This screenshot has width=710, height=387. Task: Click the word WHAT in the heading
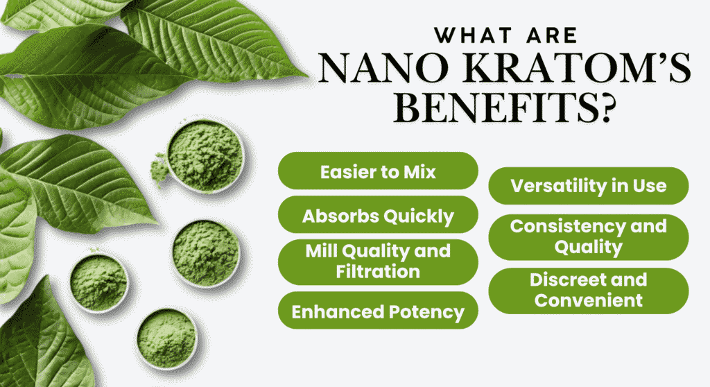[473, 35]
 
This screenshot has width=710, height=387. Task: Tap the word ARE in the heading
[552, 35]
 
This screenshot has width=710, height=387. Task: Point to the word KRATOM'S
[576, 68]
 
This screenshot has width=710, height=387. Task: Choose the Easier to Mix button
[378, 171]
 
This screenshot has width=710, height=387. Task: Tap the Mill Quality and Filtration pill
[378, 262]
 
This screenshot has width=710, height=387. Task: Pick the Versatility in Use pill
[588, 186]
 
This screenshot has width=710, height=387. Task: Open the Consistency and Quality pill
[588, 237]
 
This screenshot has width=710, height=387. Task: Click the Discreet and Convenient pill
[588, 291]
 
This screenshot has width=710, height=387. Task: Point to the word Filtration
[378, 272]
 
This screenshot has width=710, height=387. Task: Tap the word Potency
[426, 312]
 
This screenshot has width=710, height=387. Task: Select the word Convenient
[588, 300]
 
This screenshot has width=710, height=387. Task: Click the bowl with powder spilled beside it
[205, 156]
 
